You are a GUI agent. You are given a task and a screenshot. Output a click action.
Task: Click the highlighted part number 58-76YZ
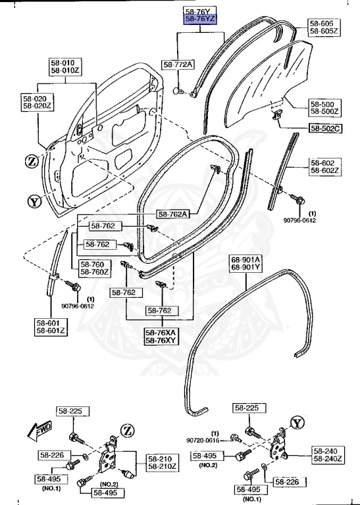(201, 20)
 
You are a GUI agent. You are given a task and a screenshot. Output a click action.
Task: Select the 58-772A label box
(178, 64)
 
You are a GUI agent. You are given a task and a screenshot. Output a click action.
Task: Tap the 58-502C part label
(324, 128)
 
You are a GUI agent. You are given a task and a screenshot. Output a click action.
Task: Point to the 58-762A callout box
(173, 214)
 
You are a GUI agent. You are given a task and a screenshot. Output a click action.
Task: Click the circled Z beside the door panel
(31, 161)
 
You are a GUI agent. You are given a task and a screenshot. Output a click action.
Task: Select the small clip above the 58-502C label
(277, 116)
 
